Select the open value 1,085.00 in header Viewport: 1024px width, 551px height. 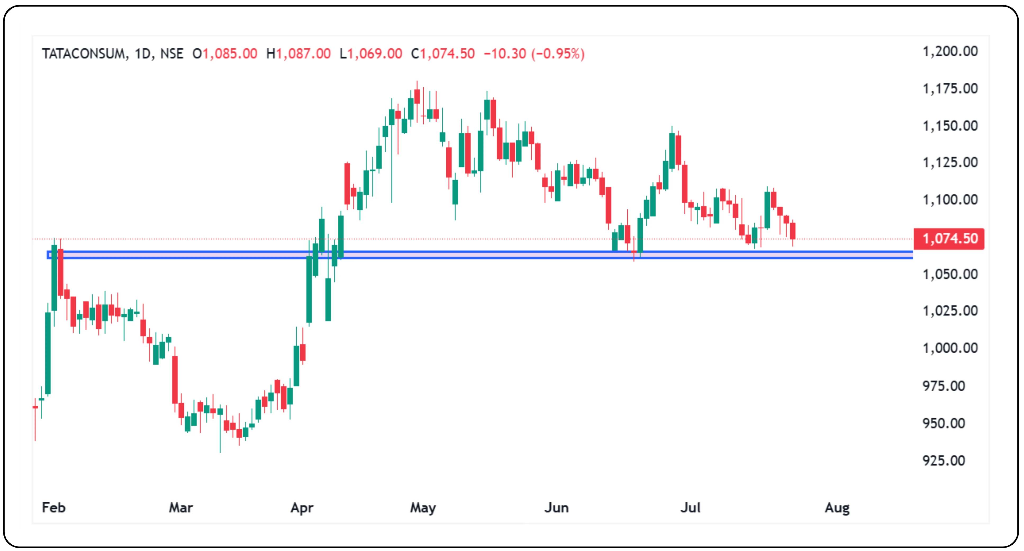click(230, 54)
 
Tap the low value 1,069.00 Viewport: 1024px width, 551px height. click(375, 54)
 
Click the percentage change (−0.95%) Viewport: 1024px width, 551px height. click(558, 54)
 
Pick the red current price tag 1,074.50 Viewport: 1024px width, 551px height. click(949, 239)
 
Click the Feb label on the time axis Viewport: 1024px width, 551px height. click(54, 508)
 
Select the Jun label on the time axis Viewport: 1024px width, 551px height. click(556, 508)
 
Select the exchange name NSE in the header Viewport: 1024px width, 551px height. click(172, 54)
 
